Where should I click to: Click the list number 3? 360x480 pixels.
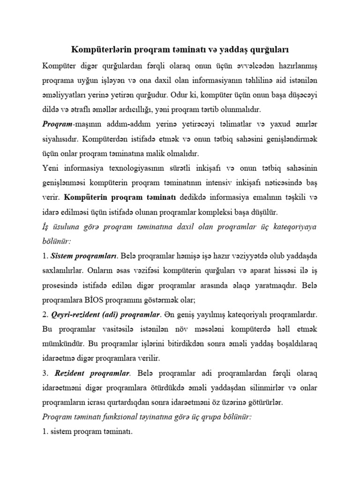(45, 374)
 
